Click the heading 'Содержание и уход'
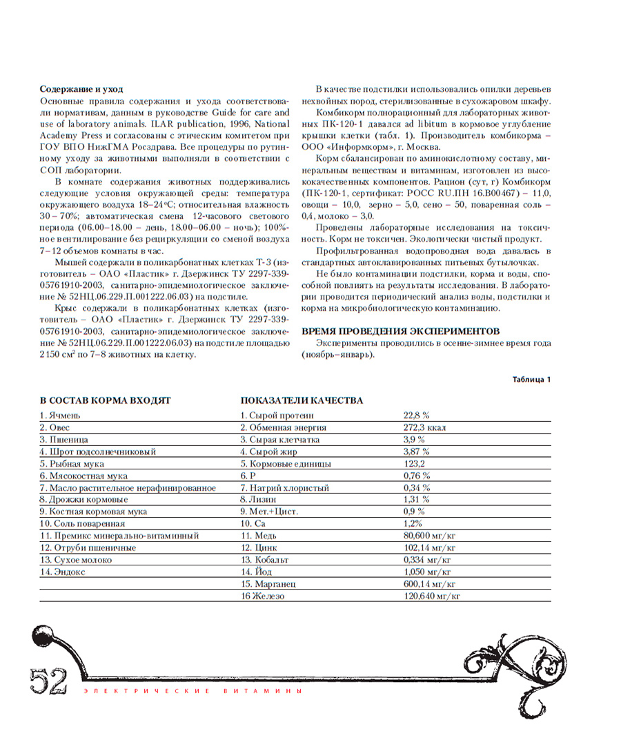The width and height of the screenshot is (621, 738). [x=81, y=89]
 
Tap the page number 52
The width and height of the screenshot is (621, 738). [x=48, y=681]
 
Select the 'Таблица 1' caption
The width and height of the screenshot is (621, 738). [x=531, y=380]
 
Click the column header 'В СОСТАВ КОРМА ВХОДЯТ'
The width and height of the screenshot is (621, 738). [x=105, y=400]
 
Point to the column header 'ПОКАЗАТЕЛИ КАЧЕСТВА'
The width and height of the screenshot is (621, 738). [x=302, y=400]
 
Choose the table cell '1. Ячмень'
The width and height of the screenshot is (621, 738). [x=60, y=416]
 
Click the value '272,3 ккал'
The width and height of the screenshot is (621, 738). [x=424, y=427]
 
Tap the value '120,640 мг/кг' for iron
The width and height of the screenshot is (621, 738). [x=431, y=596]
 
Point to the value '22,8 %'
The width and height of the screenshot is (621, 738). [x=416, y=416]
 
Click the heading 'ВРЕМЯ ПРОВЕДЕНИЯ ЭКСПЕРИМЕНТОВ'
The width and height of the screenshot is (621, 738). [x=400, y=331]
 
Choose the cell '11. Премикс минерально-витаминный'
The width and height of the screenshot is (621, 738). [x=119, y=536]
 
